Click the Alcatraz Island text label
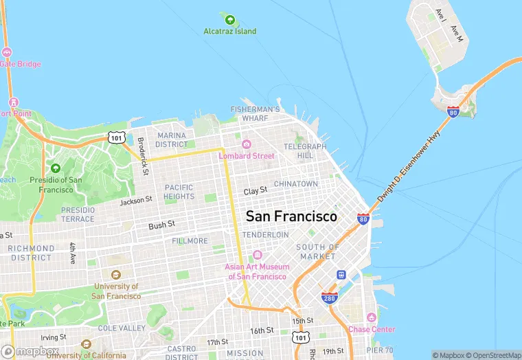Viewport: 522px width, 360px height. point(229,31)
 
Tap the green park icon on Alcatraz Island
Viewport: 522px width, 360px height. point(229,19)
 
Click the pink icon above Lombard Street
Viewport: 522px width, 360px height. point(246,144)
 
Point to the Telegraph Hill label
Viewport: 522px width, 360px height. point(305,151)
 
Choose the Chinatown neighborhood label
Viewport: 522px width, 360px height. point(295,184)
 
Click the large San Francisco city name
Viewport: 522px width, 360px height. point(291,216)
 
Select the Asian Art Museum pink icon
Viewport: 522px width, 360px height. point(258,255)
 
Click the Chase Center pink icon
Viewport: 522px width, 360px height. point(372,317)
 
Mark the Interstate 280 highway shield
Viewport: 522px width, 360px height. point(329,297)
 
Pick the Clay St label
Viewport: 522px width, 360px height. point(255,190)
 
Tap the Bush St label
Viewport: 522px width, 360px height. point(162,224)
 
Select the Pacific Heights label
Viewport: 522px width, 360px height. point(179,192)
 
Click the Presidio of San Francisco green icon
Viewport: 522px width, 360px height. point(56,168)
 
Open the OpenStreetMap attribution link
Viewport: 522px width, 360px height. point(493,355)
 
